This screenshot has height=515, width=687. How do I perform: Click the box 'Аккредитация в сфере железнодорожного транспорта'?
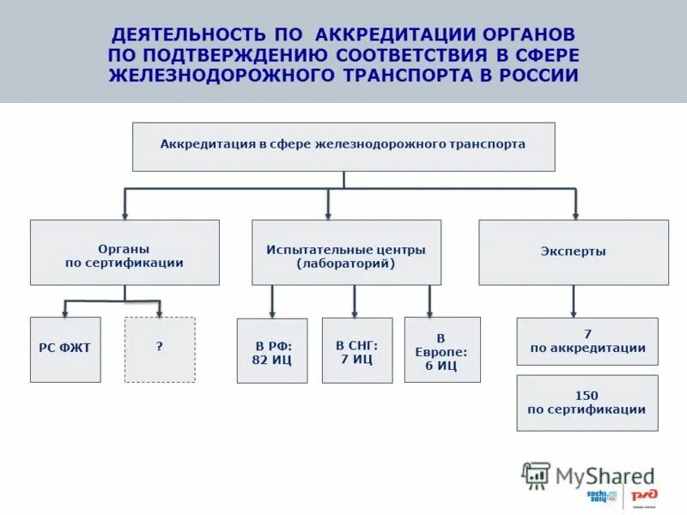tap(343, 146)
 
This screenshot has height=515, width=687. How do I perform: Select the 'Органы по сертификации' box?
tap(125, 252)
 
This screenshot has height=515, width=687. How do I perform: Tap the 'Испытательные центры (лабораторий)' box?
tap(346, 252)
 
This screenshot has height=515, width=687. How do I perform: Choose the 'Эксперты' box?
tap(573, 252)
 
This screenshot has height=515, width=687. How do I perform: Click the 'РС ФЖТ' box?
tap(65, 348)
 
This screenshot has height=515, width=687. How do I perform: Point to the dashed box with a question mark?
tap(160, 348)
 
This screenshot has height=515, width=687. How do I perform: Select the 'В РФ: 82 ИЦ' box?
tap(272, 351)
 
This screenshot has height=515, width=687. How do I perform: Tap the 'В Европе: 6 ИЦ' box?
tap(442, 350)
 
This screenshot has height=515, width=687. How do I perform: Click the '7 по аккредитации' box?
tap(587, 341)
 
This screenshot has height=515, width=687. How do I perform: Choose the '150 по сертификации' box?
tap(587, 403)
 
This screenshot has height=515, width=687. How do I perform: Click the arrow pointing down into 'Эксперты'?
tap(575, 206)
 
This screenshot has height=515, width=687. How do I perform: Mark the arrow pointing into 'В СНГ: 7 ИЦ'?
tap(355, 302)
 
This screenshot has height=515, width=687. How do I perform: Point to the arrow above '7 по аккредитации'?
tap(574, 302)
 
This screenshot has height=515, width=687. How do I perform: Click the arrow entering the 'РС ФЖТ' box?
tap(65, 307)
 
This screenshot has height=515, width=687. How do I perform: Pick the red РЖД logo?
tap(643, 496)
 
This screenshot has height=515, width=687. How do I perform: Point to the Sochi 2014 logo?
tap(602, 496)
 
